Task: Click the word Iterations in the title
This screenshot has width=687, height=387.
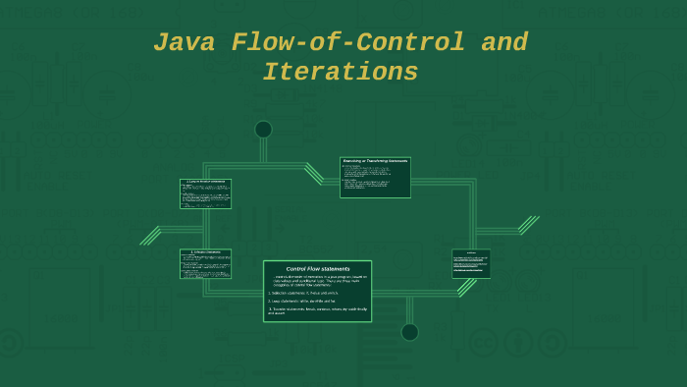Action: coord(340,73)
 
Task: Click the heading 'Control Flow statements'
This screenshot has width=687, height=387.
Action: coord(317,268)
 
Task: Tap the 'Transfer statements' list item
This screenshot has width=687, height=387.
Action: coord(317,310)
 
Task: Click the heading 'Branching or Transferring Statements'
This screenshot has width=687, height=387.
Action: coord(375,160)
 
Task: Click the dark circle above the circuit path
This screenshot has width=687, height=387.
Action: coord(263,130)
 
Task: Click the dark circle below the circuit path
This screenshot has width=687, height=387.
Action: coord(409,332)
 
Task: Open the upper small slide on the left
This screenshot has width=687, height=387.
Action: coord(205,193)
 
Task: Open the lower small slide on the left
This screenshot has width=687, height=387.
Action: coord(205,263)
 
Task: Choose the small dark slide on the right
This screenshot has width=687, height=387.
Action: coord(471,263)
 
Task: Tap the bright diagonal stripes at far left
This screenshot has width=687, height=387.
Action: coord(150,236)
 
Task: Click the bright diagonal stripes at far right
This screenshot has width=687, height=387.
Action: coord(529,225)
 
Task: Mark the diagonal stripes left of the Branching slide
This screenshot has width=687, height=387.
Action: coord(314,173)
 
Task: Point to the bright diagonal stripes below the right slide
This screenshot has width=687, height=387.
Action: coord(468,287)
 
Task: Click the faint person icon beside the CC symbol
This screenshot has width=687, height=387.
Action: coord(517,342)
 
